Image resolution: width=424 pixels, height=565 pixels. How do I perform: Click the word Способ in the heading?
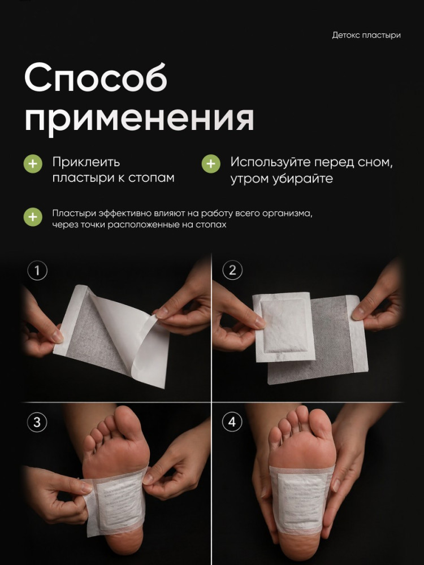96,77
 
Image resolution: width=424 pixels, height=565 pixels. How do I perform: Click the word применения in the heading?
139,118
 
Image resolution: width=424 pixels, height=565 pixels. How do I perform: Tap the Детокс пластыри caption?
366,35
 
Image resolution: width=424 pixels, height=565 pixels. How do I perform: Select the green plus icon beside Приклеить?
33,164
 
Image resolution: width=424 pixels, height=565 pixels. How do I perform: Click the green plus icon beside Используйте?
211,164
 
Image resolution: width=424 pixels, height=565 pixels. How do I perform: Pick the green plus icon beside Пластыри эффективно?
33,217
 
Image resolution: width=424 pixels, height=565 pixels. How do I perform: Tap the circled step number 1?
37,270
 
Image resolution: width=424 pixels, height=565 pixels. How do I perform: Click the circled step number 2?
232,270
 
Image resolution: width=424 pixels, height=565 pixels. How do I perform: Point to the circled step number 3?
37,421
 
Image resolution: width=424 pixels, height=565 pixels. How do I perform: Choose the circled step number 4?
232,421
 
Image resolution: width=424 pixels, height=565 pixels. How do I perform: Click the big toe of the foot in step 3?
127,423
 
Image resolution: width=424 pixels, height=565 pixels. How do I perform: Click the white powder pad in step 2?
284,327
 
